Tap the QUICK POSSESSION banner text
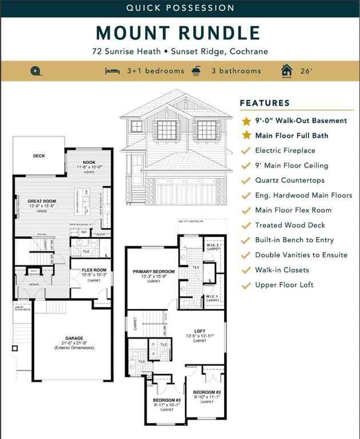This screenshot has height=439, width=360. click(x=180, y=8)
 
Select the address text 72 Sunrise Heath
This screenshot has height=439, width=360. click(x=127, y=51)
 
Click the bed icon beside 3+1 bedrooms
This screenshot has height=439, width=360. click(x=111, y=71)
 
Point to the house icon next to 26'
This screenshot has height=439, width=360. click(x=286, y=70)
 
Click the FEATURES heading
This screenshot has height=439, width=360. click(x=265, y=103)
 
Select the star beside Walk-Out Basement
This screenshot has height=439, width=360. click(x=246, y=121)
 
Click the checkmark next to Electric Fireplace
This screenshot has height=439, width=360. click(x=246, y=150)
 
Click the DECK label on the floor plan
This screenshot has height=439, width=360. click(x=39, y=156)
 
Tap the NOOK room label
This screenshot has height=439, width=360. click(x=89, y=162)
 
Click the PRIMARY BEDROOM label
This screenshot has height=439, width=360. click(x=154, y=272)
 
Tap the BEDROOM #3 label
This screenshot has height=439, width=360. click(x=167, y=400)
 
